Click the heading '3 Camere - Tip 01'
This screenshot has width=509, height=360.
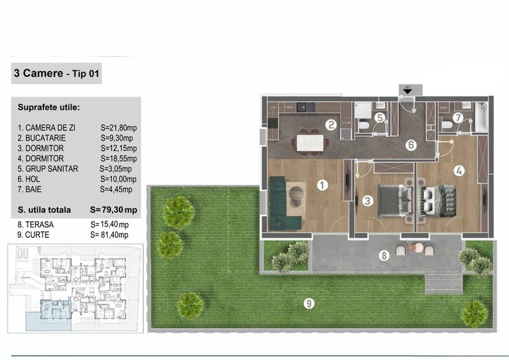click(x=56, y=74)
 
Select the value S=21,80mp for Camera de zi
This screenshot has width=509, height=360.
click(x=118, y=128)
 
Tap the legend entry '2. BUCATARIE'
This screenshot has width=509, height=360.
click(x=42, y=137)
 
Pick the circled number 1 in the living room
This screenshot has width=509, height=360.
click(x=322, y=185)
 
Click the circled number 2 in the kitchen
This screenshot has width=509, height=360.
click(x=331, y=125)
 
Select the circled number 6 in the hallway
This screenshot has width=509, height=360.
click(x=411, y=145)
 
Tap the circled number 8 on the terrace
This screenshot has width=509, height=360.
click(x=384, y=256)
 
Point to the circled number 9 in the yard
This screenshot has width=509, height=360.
click(x=309, y=303)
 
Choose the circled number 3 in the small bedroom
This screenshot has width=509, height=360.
click(x=367, y=201)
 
